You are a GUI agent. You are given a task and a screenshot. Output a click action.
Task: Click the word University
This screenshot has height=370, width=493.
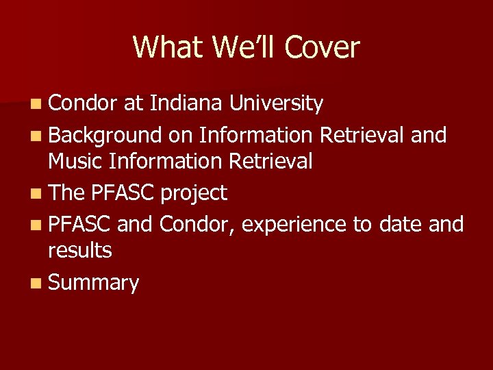click(276, 103)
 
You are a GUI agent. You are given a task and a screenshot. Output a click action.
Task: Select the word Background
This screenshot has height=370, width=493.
click(105, 136)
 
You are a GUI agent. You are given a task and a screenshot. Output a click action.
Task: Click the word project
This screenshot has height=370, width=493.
click(193, 194)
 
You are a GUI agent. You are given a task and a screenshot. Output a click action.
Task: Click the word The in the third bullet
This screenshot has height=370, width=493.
click(66, 193)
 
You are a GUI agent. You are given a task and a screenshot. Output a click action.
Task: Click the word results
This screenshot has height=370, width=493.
click(80, 251)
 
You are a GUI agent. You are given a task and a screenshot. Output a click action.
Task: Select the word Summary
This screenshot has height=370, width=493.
click(94, 283)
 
